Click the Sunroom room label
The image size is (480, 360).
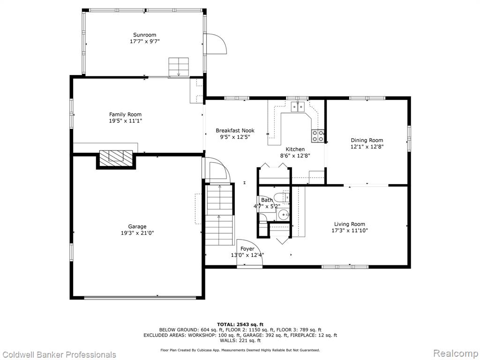pos(144,35)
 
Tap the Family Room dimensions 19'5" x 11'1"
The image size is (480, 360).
pos(126,121)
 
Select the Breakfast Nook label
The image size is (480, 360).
pos(235,130)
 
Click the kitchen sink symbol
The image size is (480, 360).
pos(298,107)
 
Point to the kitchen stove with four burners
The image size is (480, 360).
pos(318,136)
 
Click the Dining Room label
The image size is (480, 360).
pos(367,140)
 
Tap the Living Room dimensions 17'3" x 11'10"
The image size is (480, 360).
pos(350,231)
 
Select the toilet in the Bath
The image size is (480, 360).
pos(281,197)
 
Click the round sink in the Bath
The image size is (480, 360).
pos(284,215)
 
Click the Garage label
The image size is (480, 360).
pos(137,226)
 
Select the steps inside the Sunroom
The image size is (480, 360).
pos(179,67)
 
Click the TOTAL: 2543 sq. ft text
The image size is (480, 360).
pos(240,324)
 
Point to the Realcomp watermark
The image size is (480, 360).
pos(456,353)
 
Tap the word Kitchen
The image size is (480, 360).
pos(295,149)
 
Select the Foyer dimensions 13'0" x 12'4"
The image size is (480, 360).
pos(247,255)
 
